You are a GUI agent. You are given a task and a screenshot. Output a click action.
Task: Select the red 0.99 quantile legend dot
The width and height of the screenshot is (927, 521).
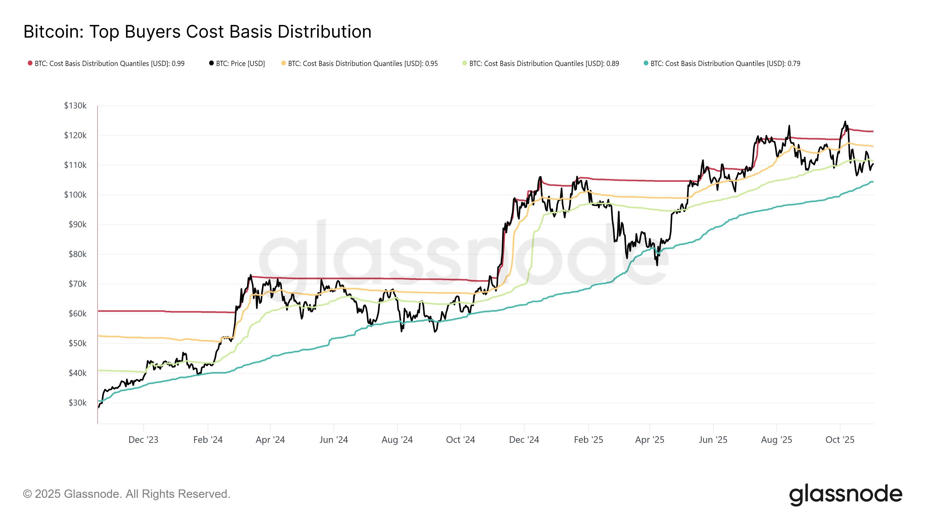coord(30,63)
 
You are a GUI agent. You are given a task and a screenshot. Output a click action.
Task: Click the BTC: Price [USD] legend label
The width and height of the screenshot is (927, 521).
coord(240,64)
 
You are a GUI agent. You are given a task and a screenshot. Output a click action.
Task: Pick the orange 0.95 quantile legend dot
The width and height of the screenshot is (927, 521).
coord(284,63)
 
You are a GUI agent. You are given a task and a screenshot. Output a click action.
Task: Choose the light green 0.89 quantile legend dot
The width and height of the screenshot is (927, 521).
coord(465,63)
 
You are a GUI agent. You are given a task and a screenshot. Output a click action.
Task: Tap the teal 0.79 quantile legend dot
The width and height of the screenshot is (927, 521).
coord(646,63)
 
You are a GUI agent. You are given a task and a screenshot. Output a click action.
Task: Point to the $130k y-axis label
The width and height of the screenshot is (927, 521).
coord(75,106)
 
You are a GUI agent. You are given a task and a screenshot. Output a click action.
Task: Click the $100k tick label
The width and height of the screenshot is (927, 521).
coord(75,195)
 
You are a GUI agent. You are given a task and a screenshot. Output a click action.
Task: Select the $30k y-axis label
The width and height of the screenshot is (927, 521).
coord(77,403)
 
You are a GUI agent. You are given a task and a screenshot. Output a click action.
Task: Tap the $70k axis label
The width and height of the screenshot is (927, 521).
coord(77,284)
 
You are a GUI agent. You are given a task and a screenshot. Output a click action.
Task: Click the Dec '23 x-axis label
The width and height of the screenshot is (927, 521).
coord(143,440)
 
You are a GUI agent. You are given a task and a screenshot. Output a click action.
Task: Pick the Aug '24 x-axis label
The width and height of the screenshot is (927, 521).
coord(397,440)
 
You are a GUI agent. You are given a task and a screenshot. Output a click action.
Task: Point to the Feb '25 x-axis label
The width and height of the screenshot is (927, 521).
coord(588,440)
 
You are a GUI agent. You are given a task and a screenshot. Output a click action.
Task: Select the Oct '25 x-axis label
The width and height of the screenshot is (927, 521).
coord(840,440)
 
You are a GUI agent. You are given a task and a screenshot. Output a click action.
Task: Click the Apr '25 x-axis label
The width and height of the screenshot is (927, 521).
coord(649,440)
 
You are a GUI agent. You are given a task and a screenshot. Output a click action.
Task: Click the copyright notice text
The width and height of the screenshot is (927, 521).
coord(126,494)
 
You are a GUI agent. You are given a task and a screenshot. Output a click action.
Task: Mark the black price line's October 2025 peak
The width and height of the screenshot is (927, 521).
coord(845,122)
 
